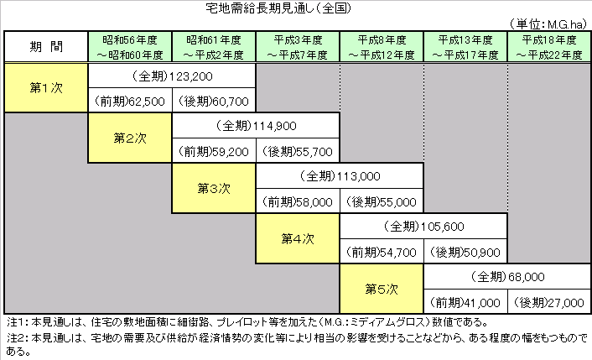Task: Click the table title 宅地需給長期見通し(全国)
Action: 278,8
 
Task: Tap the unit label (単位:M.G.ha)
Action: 548,24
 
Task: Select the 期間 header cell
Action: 46,46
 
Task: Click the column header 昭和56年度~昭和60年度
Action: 130,47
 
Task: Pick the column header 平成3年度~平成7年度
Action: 298,47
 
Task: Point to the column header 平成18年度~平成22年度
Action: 549,47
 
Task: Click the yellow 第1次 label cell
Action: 46,87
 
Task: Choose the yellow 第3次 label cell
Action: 214,188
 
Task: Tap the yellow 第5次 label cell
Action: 382,289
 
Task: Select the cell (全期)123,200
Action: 172,76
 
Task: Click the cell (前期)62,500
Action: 130,101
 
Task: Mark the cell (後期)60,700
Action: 214,101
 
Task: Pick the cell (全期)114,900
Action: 256,125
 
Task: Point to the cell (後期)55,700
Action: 298,151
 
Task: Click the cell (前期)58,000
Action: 298,201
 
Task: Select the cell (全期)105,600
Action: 423,227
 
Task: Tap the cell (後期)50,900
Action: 465,252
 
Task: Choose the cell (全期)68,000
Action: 507,277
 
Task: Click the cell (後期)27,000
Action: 549,302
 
